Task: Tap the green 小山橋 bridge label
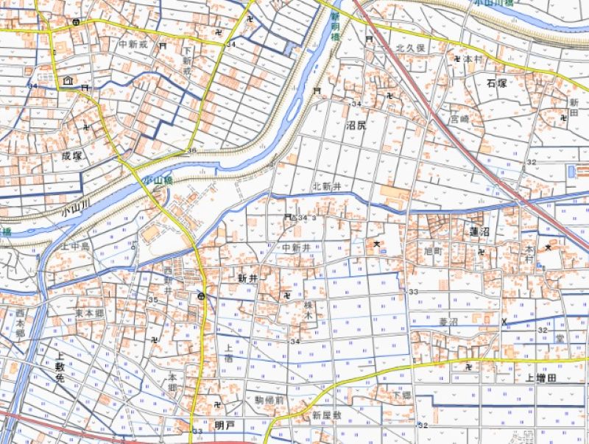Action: click(x=158, y=180)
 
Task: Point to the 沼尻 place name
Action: click(x=356, y=125)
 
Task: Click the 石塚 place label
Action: click(x=497, y=82)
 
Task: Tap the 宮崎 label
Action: click(x=460, y=118)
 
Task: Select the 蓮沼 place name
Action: click(x=479, y=232)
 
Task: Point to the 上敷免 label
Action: click(x=60, y=366)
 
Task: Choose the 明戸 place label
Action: click(x=224, y=425)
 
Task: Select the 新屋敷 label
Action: click(x=327, y=415)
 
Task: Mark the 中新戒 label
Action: click(x=134, y=44)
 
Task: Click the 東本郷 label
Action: click(x=88, y=312)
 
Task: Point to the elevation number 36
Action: click(x=192, y=151)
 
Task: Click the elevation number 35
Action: click(x=153, y=300)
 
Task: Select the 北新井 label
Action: click(x=328, y=186)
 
